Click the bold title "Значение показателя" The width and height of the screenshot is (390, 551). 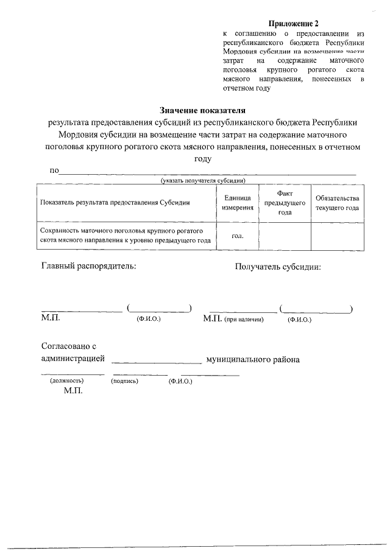(202, 111)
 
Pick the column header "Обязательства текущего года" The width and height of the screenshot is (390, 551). (338, 203)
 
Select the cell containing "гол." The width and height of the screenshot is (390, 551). (238, 236)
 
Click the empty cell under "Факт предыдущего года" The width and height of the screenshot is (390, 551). (285, 236)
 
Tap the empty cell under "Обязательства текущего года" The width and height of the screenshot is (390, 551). (338, 236)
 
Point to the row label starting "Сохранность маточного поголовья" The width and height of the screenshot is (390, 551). (125, 236)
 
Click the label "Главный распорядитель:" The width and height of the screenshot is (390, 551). (88, 266)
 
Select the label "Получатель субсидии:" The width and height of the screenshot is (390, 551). (278, 267)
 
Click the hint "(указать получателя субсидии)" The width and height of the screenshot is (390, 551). (203, 181)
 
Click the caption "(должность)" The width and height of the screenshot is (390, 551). (67, 381)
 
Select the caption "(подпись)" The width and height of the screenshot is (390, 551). (125, 381)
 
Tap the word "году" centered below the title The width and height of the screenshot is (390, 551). (202, 158)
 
